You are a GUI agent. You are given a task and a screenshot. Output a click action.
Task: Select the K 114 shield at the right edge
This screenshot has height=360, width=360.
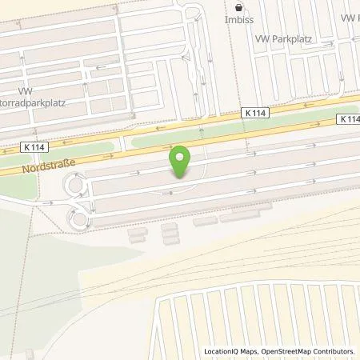click(350, 119)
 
